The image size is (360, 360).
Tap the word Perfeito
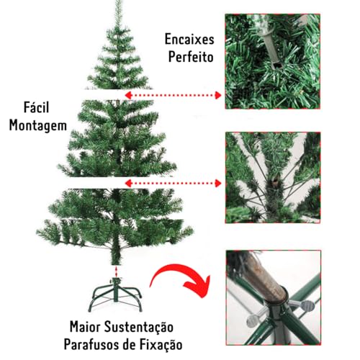coord(189,55)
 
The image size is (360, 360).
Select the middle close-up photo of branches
coord(274,177)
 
